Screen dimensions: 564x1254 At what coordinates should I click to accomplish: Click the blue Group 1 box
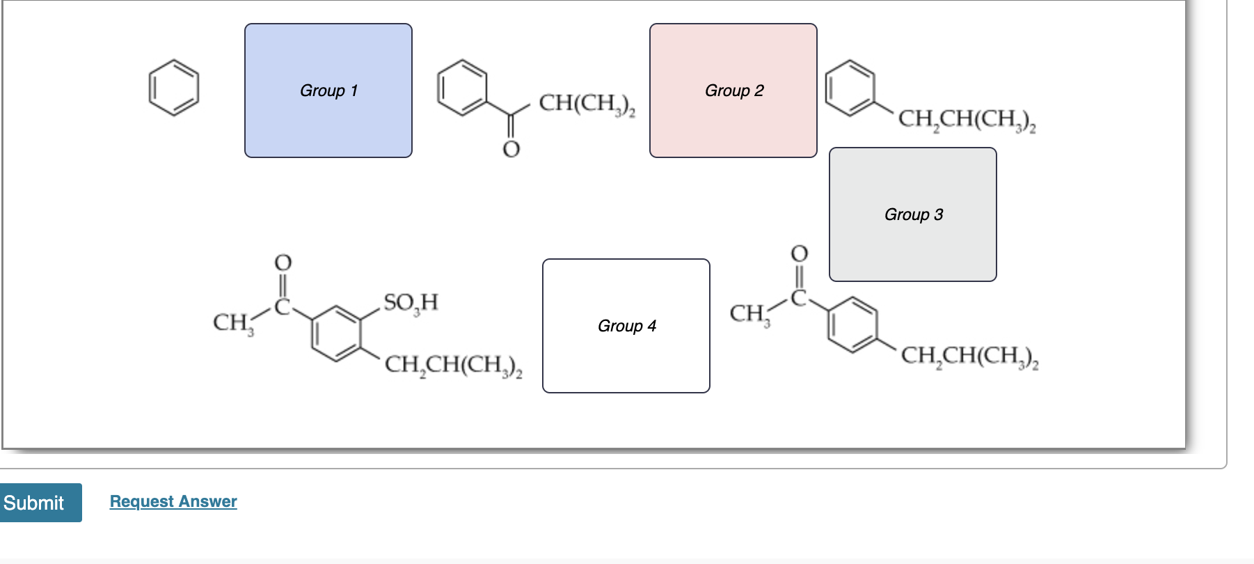pyautogui.click(x=328, y=91)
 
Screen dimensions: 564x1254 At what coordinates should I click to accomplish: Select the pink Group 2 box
pyautogui.click(x=733, y=91)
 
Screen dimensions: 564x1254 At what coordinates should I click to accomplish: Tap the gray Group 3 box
pyautogui.click(x=912, y=214)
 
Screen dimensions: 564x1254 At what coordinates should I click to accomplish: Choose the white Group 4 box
pyautogui.click(x=626, y=326)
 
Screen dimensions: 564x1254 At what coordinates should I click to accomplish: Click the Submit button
pyautogui.click(x=40, y=502)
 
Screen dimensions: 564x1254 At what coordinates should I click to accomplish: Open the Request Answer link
pyautogui.click(x=173, y=501)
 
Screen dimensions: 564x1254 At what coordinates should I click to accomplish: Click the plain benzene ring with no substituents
pyautogui.click(x=174, y=88)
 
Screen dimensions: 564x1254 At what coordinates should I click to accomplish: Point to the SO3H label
pyautogui.click(x=411, y=302)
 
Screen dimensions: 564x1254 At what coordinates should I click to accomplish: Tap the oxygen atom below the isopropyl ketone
pyautogui.click(x=511, y=149)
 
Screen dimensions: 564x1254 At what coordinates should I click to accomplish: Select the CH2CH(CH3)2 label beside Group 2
pyautogui.click(x=967, y=119)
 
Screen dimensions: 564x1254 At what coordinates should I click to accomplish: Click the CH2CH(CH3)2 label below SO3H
pyautogui.click(x=453, y=364)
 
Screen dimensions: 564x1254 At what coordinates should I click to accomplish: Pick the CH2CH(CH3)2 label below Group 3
pyautogui.click(x=969, y=356)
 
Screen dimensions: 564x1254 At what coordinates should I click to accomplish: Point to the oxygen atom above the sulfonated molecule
pyautogui.click(x=283, y=263)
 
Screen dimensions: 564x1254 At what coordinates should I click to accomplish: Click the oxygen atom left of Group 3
pyautogui.click(x=800, y=253)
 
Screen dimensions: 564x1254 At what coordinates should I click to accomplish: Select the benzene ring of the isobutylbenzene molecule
pyautogui.click(x=850, y=88)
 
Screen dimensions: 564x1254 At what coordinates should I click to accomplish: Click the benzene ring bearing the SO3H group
pyautogui.click(x=337, y=334)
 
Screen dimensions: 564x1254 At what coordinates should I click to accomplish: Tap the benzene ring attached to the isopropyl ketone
pyautogui.click(x=462, y=88)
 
